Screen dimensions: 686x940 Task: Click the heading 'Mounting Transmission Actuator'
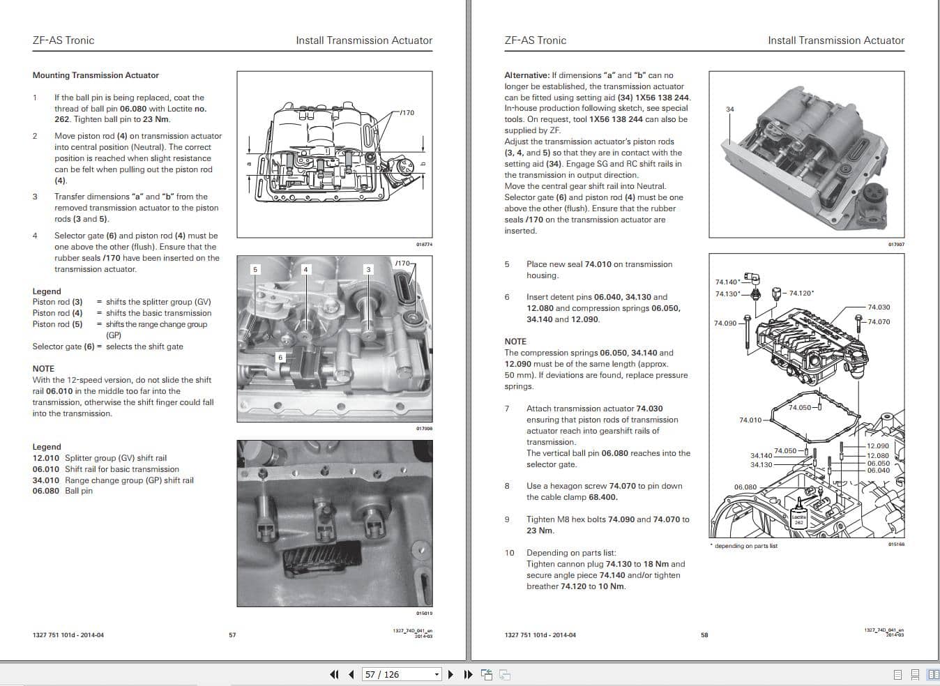point(96,75)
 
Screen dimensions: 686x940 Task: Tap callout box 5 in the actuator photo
point(255,269)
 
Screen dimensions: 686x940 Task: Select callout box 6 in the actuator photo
point(280,357)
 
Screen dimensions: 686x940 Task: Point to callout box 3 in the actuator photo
point(368,269)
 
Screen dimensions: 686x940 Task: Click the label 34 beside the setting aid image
point(729,109)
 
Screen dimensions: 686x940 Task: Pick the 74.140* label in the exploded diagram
point(727,282)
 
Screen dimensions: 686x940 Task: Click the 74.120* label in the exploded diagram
point(801,294)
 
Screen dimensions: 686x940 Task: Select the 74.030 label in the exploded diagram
point(878,307)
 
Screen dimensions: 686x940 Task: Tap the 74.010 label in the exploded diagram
point(750,420)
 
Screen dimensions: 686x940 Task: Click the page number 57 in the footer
point(232,635)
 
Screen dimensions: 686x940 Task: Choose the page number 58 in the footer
point(704,635)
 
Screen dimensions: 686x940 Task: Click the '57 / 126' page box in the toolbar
point(398,674)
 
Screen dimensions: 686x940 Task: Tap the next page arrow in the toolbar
point(450,674)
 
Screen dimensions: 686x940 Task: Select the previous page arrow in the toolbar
point(351,674)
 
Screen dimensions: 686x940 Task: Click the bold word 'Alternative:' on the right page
point(526,75)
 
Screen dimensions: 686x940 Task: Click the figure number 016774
point(423,245)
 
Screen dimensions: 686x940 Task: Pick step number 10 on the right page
point(509,553)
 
